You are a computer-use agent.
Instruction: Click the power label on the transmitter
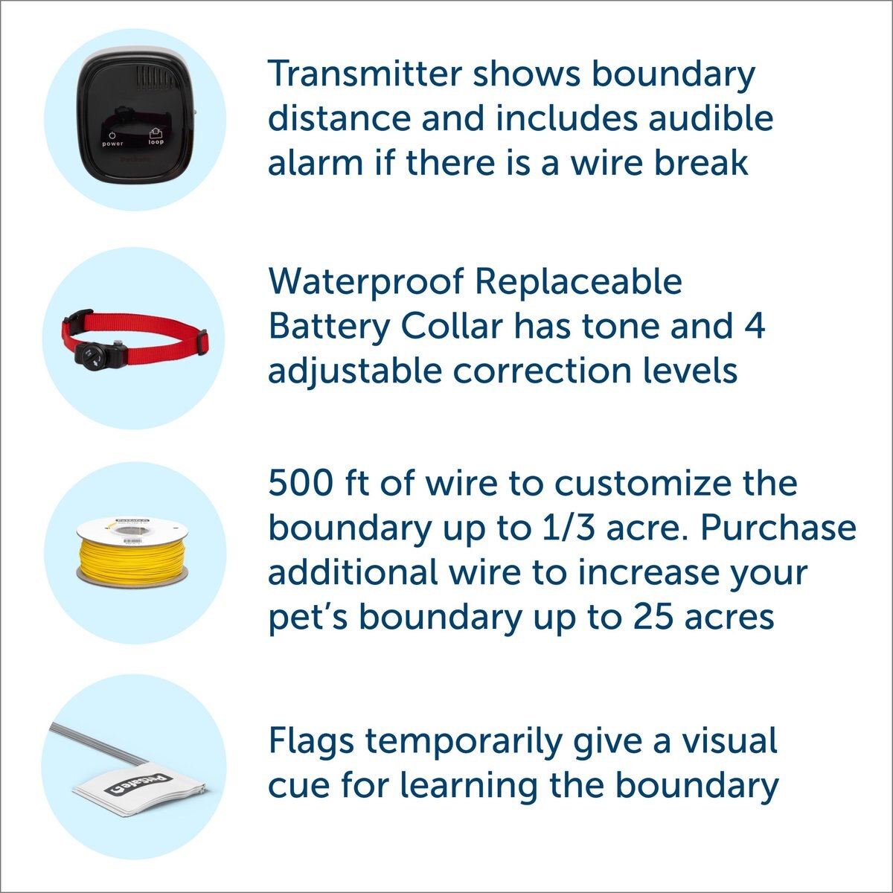pyautogui.click(x=112, y=144)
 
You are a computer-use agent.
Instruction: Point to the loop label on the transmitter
pyautogui.click(x=156, y=141)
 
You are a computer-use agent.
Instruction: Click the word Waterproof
pyautogui.click(x=365, y=281)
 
